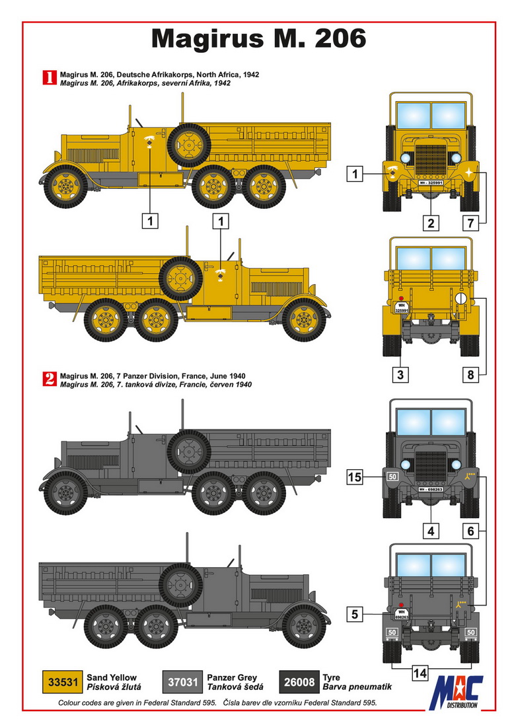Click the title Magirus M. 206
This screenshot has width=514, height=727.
click(258, 38)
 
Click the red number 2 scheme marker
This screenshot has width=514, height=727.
click(49, 379)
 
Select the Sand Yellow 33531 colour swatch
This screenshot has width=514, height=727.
click(63, 682)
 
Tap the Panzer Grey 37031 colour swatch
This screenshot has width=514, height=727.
click(182, 682)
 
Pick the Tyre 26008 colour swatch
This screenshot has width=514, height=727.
click(299, 682)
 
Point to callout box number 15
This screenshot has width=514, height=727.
click(355, 477)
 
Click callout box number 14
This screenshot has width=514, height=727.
click(420, 673)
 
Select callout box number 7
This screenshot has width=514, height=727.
click(470, 223)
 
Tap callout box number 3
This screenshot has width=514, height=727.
click(400, 374)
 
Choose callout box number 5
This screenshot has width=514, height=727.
click(355, 615)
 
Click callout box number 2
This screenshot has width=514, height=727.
click(431, 223)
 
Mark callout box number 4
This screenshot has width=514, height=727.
click(431, 531)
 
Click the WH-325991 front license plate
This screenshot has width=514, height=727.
click(431, 182)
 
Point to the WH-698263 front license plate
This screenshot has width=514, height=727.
click(431, 489)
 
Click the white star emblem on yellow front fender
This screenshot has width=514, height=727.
click(469, 172)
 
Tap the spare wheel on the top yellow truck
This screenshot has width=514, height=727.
click(188, 145)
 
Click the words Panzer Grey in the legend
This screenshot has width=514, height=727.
click(232, 677)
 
